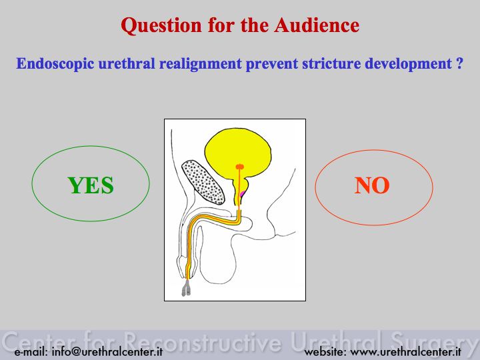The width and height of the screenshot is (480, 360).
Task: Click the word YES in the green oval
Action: pos(91,185)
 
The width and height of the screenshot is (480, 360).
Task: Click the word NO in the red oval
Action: pos(372,185)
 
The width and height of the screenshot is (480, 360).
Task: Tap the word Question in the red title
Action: pos(161,25)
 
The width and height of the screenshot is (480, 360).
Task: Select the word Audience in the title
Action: pos(317,25)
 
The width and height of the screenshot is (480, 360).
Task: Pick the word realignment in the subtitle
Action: pos(201,64)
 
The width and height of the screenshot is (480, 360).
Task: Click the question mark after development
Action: pos(459,63)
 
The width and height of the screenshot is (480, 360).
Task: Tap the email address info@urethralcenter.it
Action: pos(107,352)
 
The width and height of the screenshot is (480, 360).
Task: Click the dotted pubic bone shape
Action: pos(203,182)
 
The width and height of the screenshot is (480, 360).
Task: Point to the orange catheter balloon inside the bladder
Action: pos(240,167)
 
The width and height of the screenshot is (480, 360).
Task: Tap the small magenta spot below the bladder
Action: pos(243,194)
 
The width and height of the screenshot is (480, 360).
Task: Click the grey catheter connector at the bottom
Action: pos(186,289)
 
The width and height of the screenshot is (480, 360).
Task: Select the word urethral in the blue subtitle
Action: pos(127,63)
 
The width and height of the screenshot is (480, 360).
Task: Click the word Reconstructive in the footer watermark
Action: pos(203,341)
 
